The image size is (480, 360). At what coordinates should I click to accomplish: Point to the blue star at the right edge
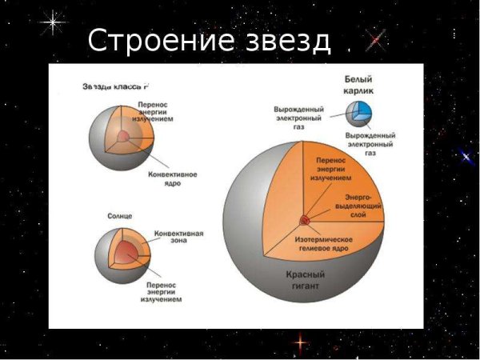click(x=466, y=158)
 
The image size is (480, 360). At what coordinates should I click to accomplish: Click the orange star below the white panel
click(x=300, y=342)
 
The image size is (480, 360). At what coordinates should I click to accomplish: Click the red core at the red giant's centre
click(x=305, y=219)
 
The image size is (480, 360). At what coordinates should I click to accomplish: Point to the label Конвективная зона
click(x=178, y=239)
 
